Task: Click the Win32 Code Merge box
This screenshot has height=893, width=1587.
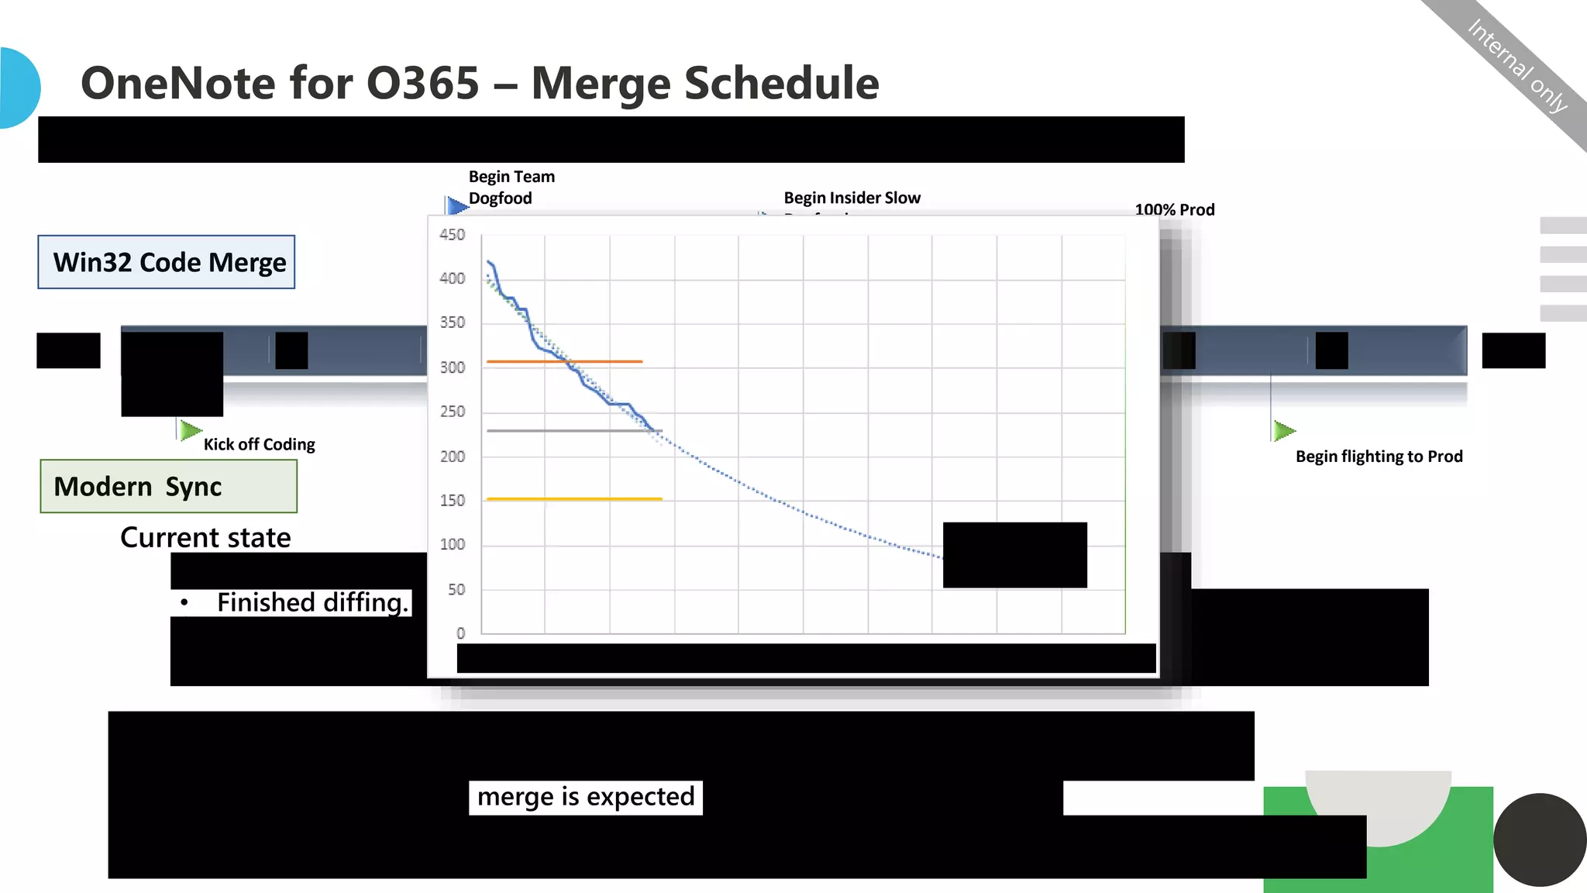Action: coord(167,262)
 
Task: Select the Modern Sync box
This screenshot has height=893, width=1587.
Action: coord(168,486)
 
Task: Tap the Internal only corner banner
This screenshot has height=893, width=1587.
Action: coord(1517,65)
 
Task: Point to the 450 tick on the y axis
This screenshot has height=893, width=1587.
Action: coord(452,234)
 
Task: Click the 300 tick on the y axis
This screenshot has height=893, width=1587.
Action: coord(452,367)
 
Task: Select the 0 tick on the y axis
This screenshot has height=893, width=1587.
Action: coord(460,633)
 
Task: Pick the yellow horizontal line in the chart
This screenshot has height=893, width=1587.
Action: coord(573,499)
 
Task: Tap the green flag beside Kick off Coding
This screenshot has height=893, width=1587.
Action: coord(189,430)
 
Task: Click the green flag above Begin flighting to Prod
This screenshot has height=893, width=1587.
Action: coord(1282,430)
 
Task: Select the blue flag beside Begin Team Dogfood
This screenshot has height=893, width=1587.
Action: coord(456,205)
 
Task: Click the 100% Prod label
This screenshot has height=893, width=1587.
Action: coord(1174,209)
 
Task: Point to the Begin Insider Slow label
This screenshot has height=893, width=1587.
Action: coord(852,198)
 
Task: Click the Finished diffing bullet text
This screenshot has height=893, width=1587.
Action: coord(312,602)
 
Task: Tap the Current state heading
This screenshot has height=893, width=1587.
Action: coord(205,537)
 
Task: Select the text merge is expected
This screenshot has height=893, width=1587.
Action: coord(585,797)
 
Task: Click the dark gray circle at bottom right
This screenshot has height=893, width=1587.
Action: coord(1539,840)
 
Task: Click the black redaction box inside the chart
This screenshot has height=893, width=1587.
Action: coord(1014,555)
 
